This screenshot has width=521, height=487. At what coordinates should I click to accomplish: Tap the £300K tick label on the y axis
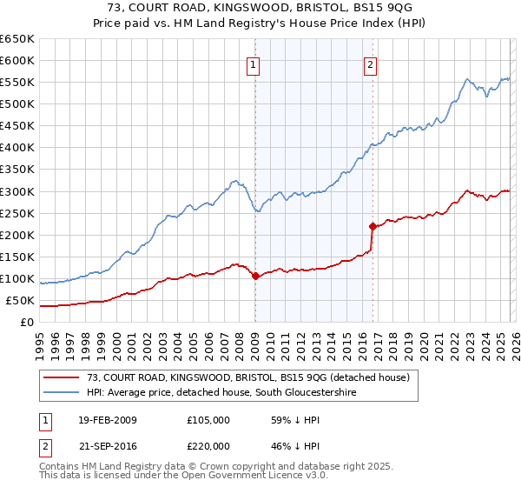coord(17,191)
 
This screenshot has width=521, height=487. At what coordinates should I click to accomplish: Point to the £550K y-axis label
coord(17,83)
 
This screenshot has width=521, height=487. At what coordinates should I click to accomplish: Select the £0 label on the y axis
coord(27,323)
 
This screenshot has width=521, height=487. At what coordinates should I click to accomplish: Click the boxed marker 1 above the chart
coord(254,64)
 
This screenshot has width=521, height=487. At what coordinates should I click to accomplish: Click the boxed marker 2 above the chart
coord(370,64)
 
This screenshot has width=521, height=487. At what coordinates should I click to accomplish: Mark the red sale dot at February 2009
coord(255,277)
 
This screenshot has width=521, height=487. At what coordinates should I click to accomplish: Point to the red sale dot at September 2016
coord(373,226)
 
